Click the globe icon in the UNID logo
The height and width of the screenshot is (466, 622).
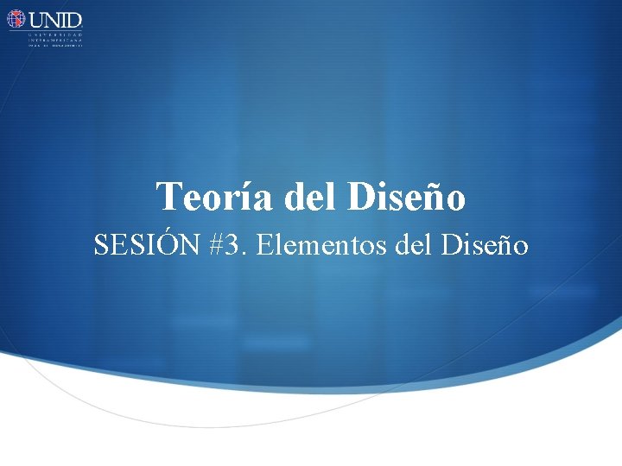click(x=16, y=19)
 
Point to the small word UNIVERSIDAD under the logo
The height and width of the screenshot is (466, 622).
click(x=55, y=34)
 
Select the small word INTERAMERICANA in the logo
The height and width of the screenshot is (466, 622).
click(x=55, y=40)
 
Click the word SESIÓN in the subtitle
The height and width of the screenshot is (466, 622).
click(x=146, y=246)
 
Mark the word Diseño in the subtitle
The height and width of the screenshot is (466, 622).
click(x=484, y=246)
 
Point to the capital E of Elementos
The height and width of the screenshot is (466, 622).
click(x=264, y=246)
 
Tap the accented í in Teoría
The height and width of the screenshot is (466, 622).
click(x=232, y=198)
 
